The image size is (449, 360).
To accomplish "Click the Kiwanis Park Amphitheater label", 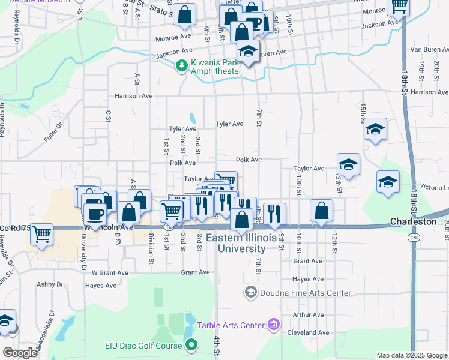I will tap(216, 67).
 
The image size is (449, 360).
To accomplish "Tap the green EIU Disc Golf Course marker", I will tap(191, 345).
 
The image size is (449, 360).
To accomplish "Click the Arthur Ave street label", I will tap(309, 314).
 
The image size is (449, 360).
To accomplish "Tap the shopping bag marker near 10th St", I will tap(322, 210).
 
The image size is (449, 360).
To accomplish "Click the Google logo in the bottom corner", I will tap(20, 353).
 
